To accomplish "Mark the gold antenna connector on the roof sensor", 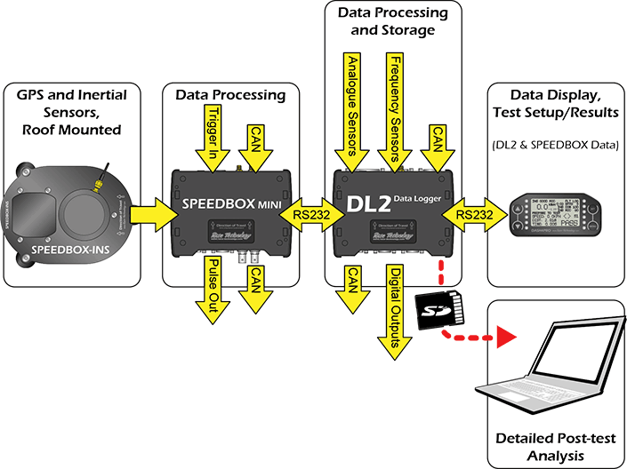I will point(94,185).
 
